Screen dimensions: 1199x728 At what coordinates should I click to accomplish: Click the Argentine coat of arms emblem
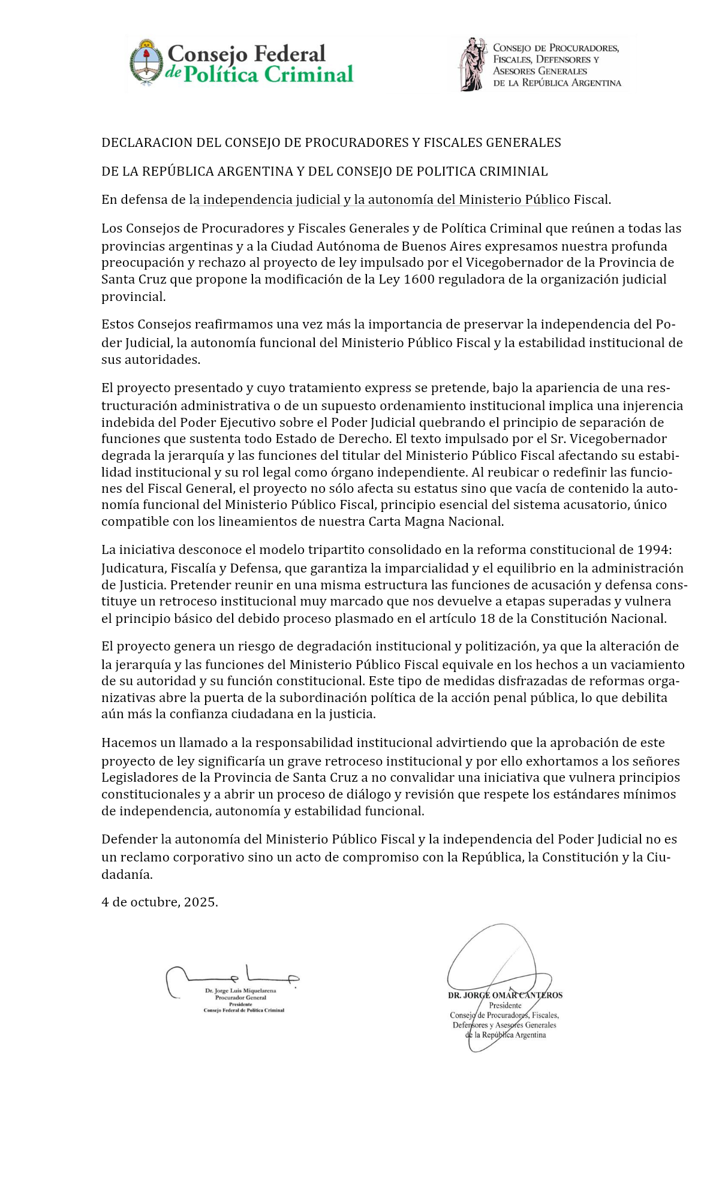coord(146,62)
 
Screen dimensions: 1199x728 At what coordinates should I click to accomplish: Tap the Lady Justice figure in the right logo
coord(472,64)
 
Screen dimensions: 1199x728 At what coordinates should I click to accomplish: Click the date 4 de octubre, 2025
coord(160,902)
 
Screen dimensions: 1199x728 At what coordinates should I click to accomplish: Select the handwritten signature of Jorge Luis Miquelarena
coord(231,978)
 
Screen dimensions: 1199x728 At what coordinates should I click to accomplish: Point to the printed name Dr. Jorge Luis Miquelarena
coord(240,991)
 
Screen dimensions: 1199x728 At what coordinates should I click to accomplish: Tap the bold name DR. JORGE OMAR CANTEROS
coord(505,995)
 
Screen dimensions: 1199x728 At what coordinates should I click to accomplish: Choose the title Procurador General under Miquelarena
coord(240,998)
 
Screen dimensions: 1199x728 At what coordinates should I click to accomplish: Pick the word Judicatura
coord(134,568)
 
